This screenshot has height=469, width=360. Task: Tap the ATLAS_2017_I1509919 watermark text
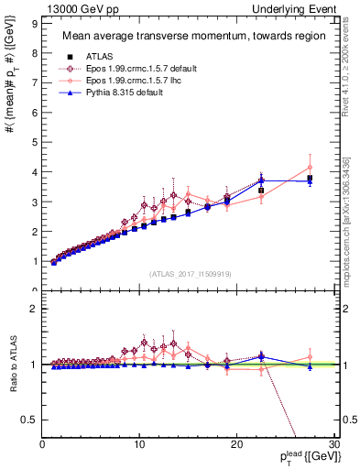click(190, 274)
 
